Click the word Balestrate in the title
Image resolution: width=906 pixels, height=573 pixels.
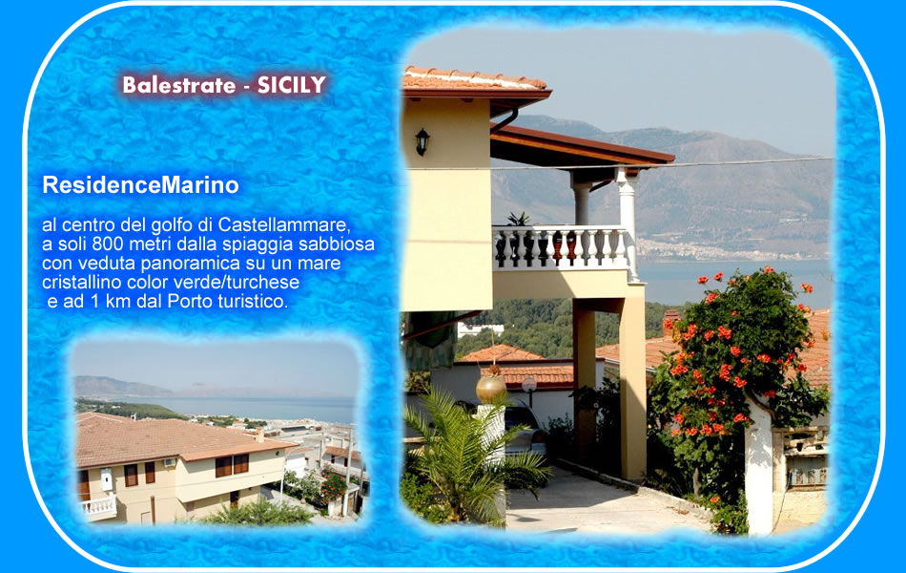point(179,85)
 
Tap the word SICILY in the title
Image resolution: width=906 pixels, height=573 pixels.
point(292,85)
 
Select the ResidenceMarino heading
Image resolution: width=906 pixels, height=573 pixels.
point(140,185)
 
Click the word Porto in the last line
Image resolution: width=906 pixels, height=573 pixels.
point(190,301)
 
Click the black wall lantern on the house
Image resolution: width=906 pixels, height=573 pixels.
point(422,141)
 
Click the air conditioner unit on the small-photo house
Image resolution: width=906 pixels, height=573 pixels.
point(169,462)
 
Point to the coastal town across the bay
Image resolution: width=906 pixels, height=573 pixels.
point(728,250)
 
